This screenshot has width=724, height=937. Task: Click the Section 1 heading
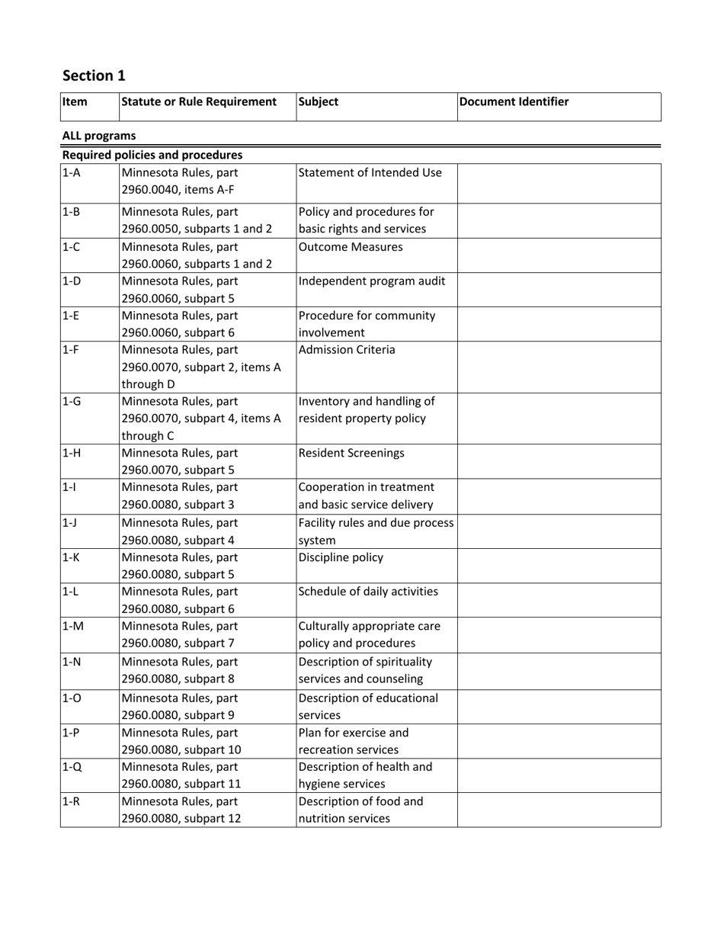pyautogui.click(x=94, y=75)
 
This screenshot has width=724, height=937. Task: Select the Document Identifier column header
pyautogui.click(x=514, y=101)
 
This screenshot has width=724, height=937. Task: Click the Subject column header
pyautogui.click(x=319, y=101)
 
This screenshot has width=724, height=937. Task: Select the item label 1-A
pyautogui.click(x=71, y=172)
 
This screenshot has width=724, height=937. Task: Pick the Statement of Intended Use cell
pyautogui.click(x=370, y=172)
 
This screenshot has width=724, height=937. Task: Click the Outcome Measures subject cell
pyautogui.click(x=351, y=247)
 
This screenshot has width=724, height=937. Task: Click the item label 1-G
pyautogui.click(x=71, y=401)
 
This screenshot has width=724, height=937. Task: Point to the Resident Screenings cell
pyautogui.click(x=351, y=453)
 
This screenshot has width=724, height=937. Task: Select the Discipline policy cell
pyautogui.click(x=341, y=557)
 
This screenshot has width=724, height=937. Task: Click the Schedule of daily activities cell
pyautogui.click(x=368, y=591)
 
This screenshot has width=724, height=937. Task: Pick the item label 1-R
pyautogui.click(x=71, y=801)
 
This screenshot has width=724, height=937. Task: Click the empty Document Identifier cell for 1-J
pyautogui.click(x=559, y=531)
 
